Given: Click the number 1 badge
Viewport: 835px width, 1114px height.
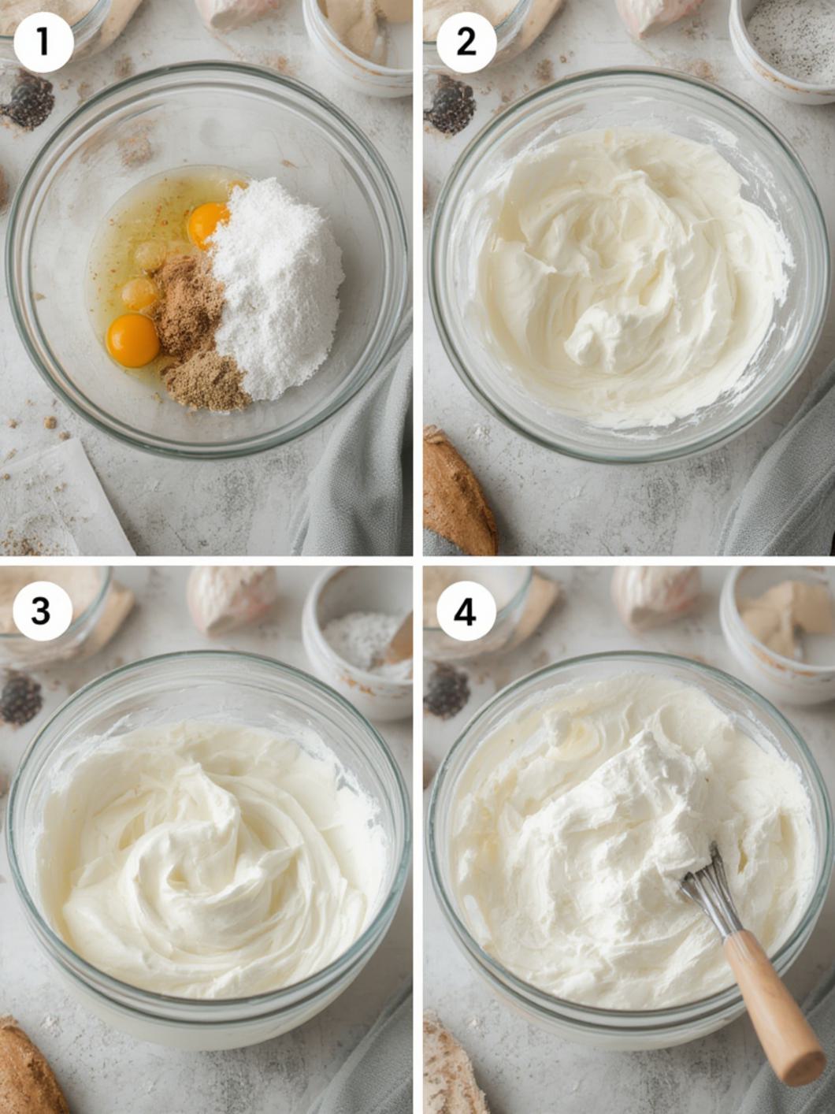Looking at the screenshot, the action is [43, 42].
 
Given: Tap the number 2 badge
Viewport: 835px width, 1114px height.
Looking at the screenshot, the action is [466, 42].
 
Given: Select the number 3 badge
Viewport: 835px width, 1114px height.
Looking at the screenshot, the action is [42, 611].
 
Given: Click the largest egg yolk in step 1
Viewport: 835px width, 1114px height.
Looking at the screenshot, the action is [133, 340].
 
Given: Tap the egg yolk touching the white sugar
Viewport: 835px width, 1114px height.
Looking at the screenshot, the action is [207, 225].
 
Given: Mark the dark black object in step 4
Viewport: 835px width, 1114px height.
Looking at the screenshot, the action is [447, 690].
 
